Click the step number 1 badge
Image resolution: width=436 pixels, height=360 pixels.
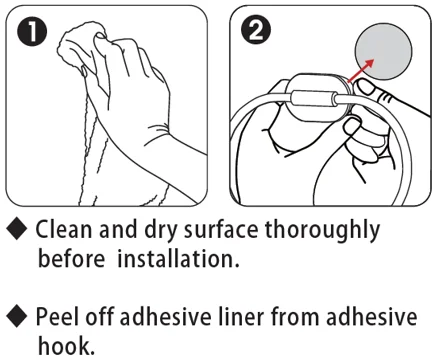[x=32, y=32]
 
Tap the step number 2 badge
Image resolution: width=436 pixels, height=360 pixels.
[x=255, y=31]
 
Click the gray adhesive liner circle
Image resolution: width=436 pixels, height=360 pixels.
[x=383, y=51]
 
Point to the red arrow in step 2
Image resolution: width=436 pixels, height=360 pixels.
[x=361, y=70]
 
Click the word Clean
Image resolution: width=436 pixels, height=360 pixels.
[x=63, y=229]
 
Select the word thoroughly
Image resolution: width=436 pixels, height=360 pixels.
[x=322, y=231]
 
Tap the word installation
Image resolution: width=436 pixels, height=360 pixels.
[x=178, y=259]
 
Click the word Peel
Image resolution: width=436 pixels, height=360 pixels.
[x=57, y=316]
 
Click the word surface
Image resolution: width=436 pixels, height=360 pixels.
[x=221, y=229]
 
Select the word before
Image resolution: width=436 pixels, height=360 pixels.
[x=71, y=259]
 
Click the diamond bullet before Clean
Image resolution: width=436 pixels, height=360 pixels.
[x=17, y=229]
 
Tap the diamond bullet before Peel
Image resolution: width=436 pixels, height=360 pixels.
[x=17, y=316]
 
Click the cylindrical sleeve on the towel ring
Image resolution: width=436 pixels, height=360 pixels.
[x=313, y=98]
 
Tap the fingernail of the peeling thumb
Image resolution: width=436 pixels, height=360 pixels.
[x=367, y=88]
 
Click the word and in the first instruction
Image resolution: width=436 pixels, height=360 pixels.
[x=118, y=229]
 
